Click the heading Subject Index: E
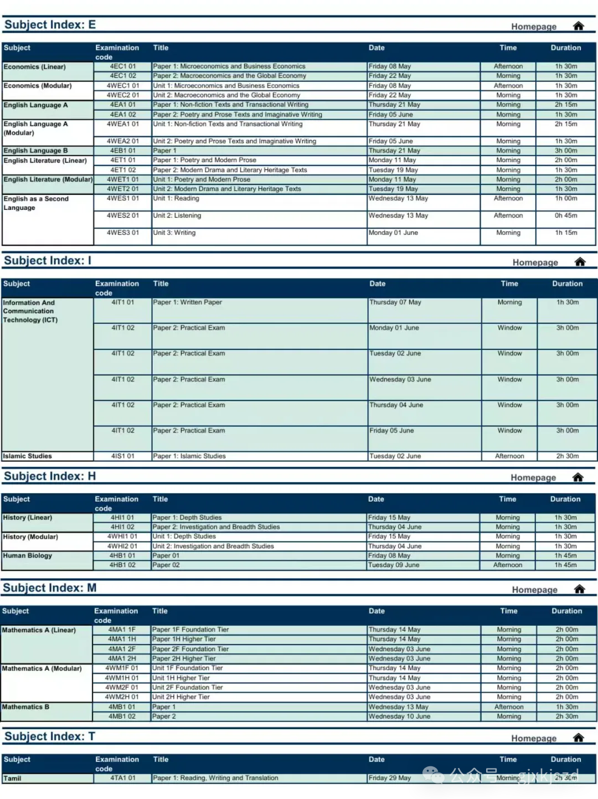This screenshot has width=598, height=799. click(x=50, y=25)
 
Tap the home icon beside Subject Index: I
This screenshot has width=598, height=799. click(x=580, y=262)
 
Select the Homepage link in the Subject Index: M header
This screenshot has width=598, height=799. click(x=534, y=590)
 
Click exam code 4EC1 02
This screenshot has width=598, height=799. click(x=122, y=76)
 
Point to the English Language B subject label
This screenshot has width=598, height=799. click(x=36, y=151)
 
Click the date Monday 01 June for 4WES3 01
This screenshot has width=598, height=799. click(x=393, y=233)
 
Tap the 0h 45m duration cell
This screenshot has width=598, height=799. click(x=566, y=215)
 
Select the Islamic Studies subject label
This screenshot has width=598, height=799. click(x=28, y=456)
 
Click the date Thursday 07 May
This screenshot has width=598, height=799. click(x=395, y=302)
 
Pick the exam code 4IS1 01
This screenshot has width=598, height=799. click(x=122, y=456)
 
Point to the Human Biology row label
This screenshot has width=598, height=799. click(x=28, y=555)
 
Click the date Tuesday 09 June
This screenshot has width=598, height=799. click(x=394, y=565)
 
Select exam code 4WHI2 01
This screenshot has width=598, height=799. click(x=122, y=546)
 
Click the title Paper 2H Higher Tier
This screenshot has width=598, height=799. click(x=184, y=658)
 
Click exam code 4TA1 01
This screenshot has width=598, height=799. click(x=122, y=778)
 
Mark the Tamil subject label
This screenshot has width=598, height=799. click(x=13, y=779)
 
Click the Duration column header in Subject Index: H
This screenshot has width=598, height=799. click(x=565, y=499)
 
